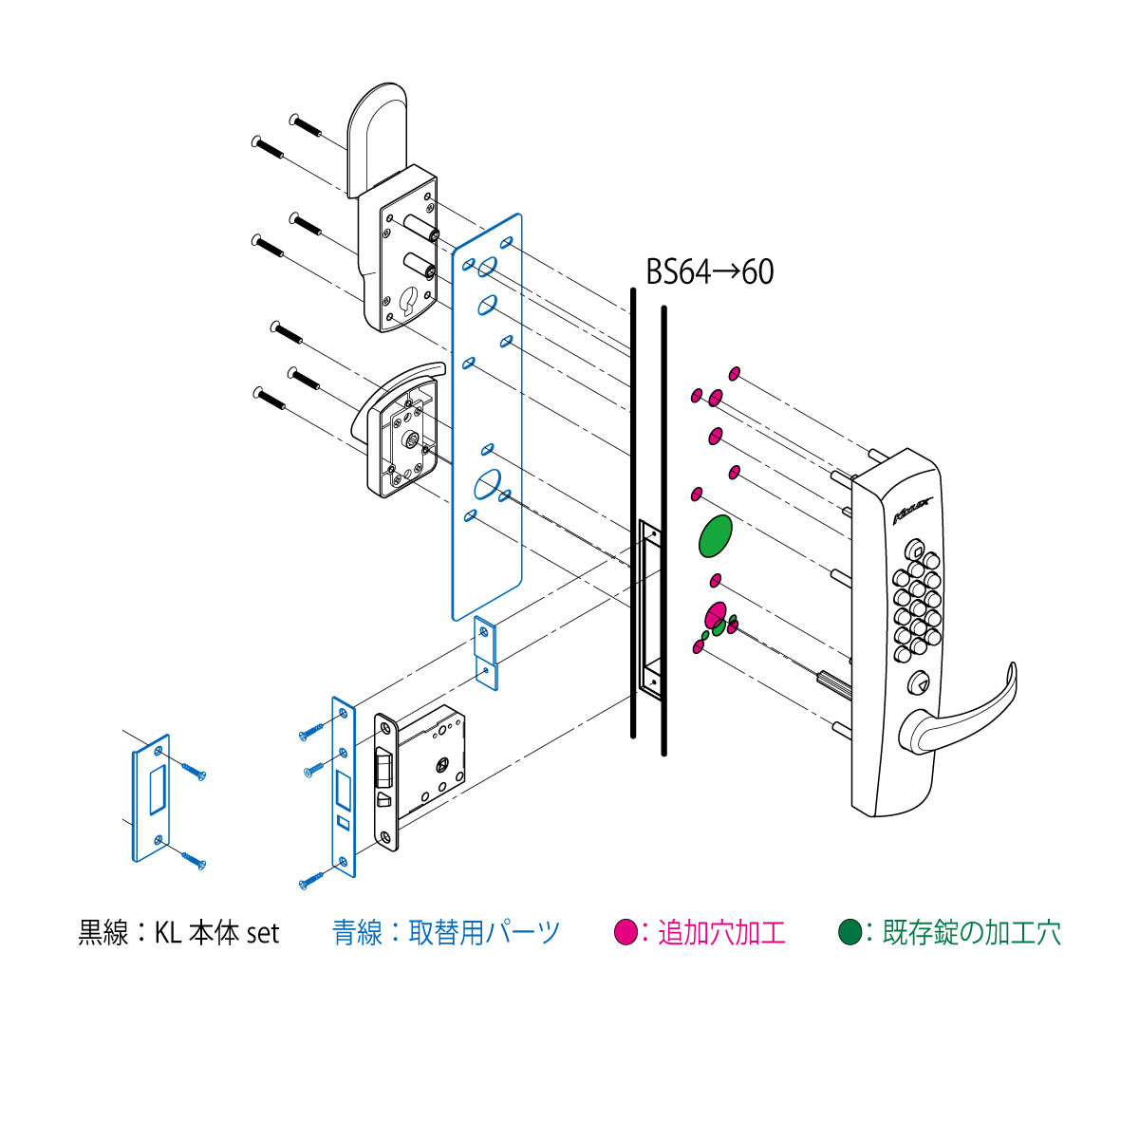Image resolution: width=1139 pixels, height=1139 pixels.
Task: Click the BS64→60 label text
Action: pyautogui.click(x=709, y=272)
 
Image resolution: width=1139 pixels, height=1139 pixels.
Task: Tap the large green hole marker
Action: pyautogui.click(x=716, y=535)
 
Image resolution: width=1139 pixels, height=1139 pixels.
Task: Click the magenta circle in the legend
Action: pyautogui.click(x=626, y=933)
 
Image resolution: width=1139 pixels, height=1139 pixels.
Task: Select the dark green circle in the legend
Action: pyautogui.click(x=850, y=933)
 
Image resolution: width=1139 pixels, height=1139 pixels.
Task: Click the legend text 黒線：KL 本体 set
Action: pyautogui.click(x=178, y=933)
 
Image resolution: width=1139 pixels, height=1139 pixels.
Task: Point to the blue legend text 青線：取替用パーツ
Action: pyautogui.click(x=446, y=933)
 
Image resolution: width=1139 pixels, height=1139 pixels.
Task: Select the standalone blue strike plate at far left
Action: pyautogui.click(x=151, y=798)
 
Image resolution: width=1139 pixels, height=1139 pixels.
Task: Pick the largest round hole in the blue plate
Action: pyautogui.click(x=488, y=484)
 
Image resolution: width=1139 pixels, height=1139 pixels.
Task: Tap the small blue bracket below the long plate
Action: pyautogui.click(x=486, y=653)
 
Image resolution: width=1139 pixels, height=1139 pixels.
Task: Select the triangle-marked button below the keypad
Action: pyautogui.click(x=917, y=683)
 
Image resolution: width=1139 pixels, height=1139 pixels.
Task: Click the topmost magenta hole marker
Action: pyautogui.click(x=734, y=374)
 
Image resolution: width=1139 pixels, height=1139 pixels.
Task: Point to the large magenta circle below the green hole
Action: pyautogui.click(x=716, y=617)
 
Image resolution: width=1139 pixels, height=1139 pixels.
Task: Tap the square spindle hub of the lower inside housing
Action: pyautogui.click(x=410, y=439)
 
